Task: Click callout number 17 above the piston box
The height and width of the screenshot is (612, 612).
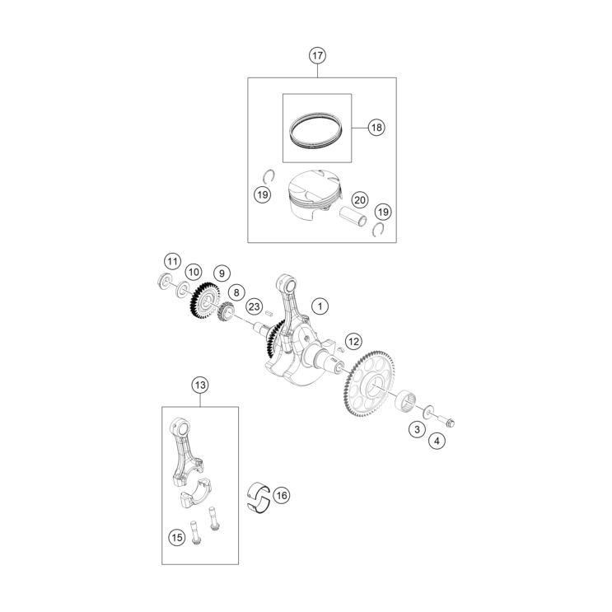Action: [318, 56]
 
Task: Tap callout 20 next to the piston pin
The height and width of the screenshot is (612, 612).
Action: [359, 199]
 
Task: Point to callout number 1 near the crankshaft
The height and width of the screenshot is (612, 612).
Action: [320, 306]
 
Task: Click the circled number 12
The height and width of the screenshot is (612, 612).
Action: [353, 340]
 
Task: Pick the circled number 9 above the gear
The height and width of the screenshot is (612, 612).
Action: [221, 273]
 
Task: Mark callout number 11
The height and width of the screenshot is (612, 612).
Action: [171, 262]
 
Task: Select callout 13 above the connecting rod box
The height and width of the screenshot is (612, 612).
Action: [199, 385]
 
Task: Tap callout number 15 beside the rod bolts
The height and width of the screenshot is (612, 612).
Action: [176, 537]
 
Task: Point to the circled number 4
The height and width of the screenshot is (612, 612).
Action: [436, 441]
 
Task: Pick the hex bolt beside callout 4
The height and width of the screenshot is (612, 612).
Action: [447, 422]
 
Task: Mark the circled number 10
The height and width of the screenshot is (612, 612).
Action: [193, 271]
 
